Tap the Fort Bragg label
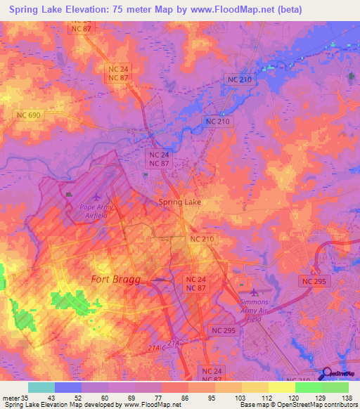click(116, 279)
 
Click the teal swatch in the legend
click(41, 387)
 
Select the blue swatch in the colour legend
click(68, 387)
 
